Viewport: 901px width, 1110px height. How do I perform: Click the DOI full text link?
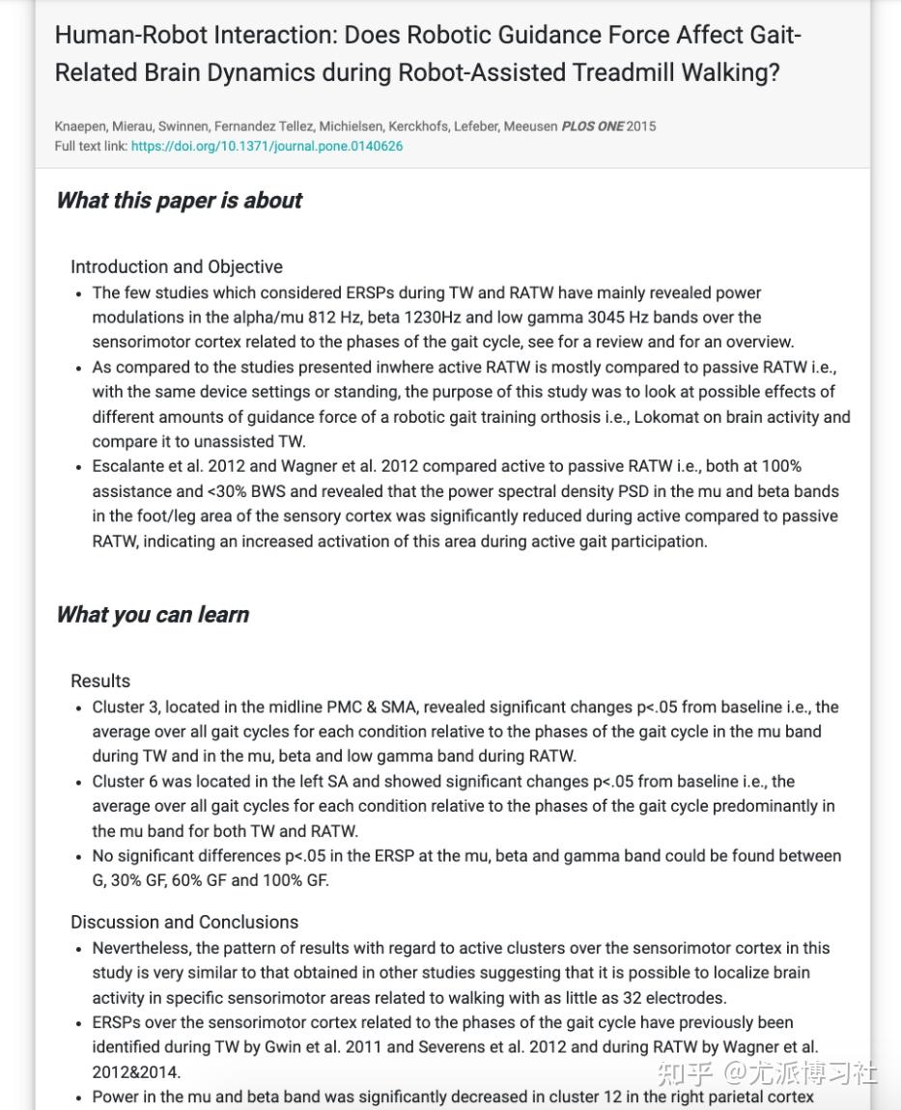[x=267, y=147]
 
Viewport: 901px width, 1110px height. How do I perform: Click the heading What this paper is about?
[x=179, y=201]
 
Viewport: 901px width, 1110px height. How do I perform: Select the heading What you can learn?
[x=153, y=615]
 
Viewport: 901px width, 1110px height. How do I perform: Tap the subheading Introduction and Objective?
[x=177, y=267]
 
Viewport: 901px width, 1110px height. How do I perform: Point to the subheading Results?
[x=100, y=681]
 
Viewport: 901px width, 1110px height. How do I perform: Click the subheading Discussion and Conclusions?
[x=184, y=922]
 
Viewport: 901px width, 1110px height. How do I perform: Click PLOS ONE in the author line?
[x=592, y=126]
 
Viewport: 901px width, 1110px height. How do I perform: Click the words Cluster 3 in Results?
[x=124, y=708]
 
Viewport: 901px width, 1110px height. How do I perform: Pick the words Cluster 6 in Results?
[x=124, y=782]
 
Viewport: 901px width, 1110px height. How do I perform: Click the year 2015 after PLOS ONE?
[x=641, y=126]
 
